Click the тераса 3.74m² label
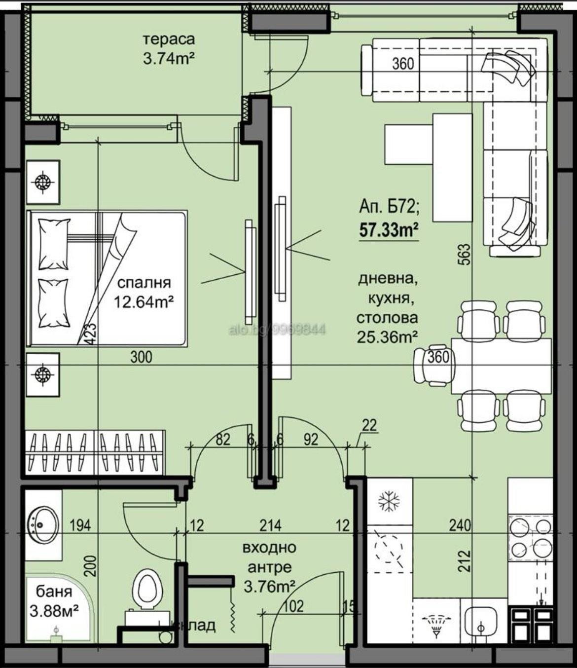pyautogui.click(x=168, y=49)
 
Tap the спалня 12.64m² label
pyautogui.click(x=144, y=292)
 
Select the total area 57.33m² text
pyautogui.click(x=389, y=230)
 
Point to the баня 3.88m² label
pyautogui.click(x=54, y=601)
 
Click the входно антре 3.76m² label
pyautogui.click(x=270, y=567)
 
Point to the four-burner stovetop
pyautogui.click(x=530, y=537)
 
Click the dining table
pyautogui.click(x=501, y=366)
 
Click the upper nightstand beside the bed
pyautogui.click(x=43, y=182)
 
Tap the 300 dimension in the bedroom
pyautogui.click(x=141, y=357)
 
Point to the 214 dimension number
pyautogui.click(x=270, y=525)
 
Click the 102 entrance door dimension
pyautogui.click(x=293, y=606)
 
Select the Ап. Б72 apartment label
pyautogui.click(x=389, y=207)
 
